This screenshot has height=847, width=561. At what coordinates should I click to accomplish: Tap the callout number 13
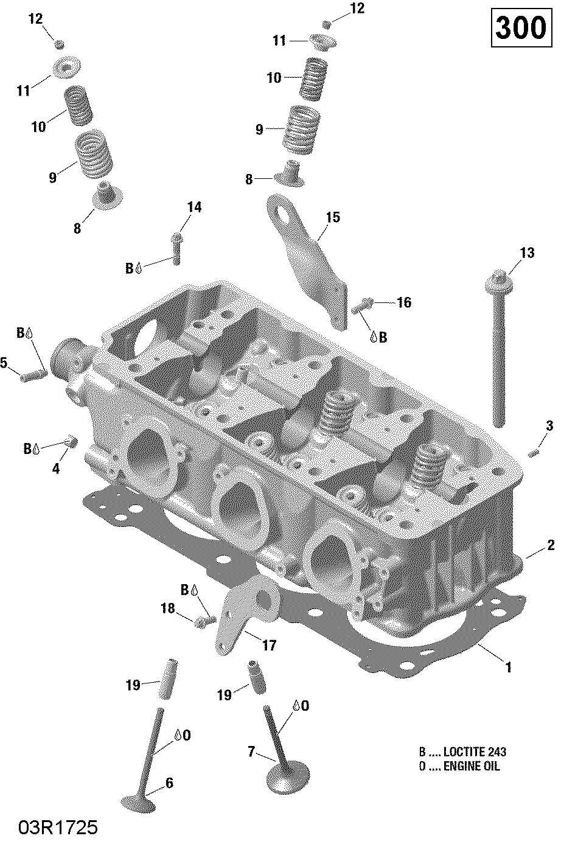(x=526, y=253)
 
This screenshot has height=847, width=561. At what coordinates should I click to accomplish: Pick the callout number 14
(x=193, y=207)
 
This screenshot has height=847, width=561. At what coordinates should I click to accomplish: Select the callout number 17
(x=269, y=646)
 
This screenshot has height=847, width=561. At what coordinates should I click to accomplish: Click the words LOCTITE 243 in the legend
(x=475, y=751)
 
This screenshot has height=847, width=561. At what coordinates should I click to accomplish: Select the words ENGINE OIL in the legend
(x=471, y=766)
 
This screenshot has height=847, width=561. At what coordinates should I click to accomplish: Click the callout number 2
(x=551, y=545)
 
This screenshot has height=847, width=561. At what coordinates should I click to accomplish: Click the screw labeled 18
(x=203, y=622)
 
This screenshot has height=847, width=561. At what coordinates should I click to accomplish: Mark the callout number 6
(x=169, y=783)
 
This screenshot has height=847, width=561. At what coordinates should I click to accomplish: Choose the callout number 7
(x=251, y=752)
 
